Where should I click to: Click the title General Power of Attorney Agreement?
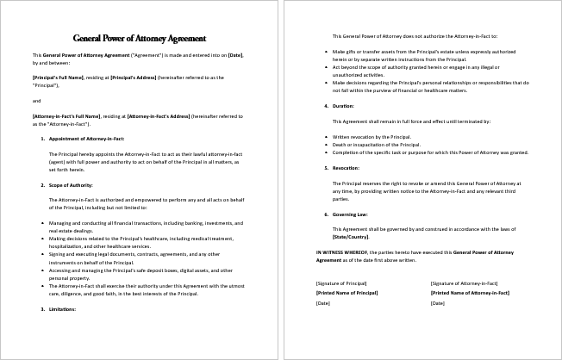pyautogui.click(x=139, y=38)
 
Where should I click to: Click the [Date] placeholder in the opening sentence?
pyautogui.click(x=234, y=55)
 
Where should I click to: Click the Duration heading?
pyautogui.click(x=343, y=106)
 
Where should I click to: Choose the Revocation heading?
pyautogui.click(x=347, y=168)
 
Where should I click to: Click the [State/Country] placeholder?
pyautogui.click(x=350, y=235)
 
